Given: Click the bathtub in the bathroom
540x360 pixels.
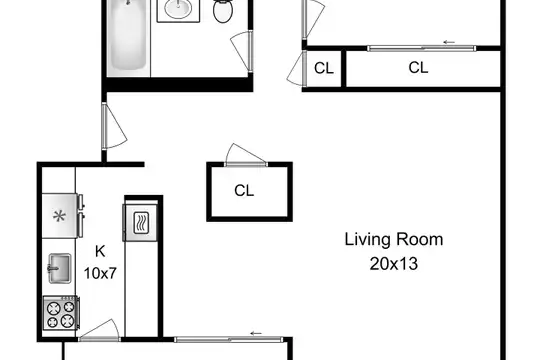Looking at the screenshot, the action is (128, 37).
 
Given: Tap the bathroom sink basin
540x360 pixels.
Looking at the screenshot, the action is (178, 8).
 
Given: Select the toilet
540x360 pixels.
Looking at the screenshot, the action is (223, 10).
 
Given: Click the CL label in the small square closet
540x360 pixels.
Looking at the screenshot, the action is (324, 68).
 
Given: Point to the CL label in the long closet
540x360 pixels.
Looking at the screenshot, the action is (418, 68).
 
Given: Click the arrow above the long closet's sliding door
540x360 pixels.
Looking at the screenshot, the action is (449, 42).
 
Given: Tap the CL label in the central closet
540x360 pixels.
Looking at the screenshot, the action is (244, 191).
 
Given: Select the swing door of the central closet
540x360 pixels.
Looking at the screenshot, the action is (245, 154).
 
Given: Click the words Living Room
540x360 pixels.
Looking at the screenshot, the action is (394, 239).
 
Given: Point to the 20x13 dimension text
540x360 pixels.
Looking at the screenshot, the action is (394, 264).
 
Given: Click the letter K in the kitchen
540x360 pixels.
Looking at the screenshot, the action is (100, 251).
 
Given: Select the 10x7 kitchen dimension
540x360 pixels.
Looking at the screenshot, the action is (100, 274).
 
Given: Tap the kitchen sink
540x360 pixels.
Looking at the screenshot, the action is (60, 268).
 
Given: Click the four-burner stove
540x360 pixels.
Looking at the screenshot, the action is (61, 313).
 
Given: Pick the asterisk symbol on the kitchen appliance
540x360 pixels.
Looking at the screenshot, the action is (59, 216).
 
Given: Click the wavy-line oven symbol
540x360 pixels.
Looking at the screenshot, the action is (141, 223).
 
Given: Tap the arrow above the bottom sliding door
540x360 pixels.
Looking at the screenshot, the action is (256, 333).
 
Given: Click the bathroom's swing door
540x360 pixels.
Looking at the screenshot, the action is (242, 51).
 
